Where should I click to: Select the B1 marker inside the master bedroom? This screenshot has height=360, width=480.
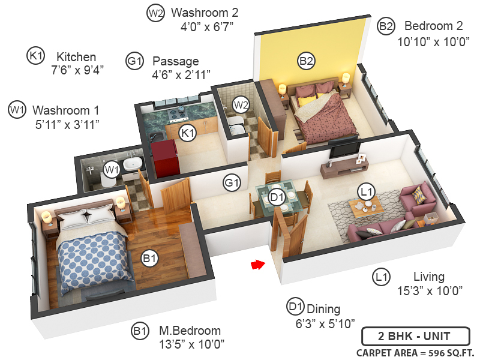[x=149, y=259]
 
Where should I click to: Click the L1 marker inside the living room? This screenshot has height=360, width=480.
[x=366, y=191]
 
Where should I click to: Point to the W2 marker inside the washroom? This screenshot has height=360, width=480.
[x=241, y=104]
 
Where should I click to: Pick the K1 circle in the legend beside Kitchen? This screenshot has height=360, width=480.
[x=36, y=56]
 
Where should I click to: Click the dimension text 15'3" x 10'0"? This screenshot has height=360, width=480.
[x=428, y=291]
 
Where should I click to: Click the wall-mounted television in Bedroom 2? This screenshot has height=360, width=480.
[x=344, y=146]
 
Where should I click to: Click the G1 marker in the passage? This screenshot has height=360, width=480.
[x=232, y=181]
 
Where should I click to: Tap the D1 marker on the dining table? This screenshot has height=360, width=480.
[x=277, y=197]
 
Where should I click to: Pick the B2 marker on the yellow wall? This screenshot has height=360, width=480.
[x=306, y=60]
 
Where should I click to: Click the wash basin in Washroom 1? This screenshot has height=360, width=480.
[x=131, y=163]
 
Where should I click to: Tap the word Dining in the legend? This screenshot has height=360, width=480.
[x=323, y=309]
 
